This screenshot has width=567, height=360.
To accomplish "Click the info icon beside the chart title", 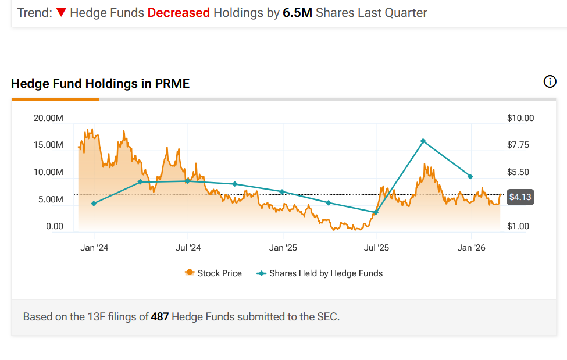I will [x=550, y=82].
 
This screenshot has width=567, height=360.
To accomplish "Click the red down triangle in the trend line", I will [x=61, y=12].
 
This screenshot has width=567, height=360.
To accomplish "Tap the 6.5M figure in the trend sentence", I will [x=298, y=12].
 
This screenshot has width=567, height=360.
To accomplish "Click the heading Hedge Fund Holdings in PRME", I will [x=100, y=84].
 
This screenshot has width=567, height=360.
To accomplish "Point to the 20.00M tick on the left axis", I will [x=49, y=118].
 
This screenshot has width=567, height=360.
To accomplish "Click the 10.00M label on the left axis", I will [x=49, y=172].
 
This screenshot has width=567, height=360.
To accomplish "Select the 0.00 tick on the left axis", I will [x=55, y=226].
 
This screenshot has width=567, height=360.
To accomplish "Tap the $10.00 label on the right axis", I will [x=520, y=118].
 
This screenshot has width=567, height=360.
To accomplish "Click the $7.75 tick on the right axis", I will [x=518, y=145].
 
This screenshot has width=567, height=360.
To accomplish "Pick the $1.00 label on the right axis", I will [x=518, y=226].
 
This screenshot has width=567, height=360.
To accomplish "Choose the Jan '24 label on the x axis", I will [x=94, y=248].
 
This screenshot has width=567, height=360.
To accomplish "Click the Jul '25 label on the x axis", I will [x=376, y=248].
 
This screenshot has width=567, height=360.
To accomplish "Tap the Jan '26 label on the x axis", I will [x=471, y=248].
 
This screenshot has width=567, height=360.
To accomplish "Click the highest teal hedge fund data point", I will [x=423, y=141].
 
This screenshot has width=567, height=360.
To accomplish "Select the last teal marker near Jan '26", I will [x=470, y=177].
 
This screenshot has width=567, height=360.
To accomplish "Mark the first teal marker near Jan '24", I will [x=94, y=204].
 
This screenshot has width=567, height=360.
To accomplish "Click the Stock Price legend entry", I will [x=213, y=273].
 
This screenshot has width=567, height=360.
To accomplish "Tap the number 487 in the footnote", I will [x=160, y=317].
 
